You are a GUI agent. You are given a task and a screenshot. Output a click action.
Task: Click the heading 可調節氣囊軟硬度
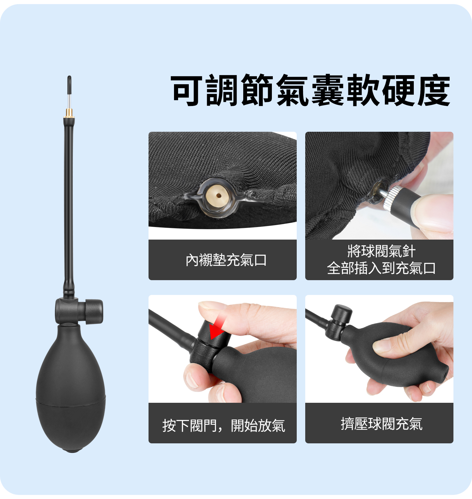coord(311,90)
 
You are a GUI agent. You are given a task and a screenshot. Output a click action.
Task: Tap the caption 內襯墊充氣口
coord(226,260)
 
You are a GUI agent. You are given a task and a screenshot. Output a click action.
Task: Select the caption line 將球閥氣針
coord(381,251)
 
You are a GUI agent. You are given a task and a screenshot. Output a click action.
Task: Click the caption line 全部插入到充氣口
coord(381,268)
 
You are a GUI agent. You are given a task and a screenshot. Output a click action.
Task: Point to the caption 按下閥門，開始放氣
coord(224,425)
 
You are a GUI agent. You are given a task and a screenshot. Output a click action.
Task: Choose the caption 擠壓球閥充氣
coord(381,424)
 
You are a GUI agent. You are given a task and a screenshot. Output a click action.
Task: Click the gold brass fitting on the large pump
coord(69,113)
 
